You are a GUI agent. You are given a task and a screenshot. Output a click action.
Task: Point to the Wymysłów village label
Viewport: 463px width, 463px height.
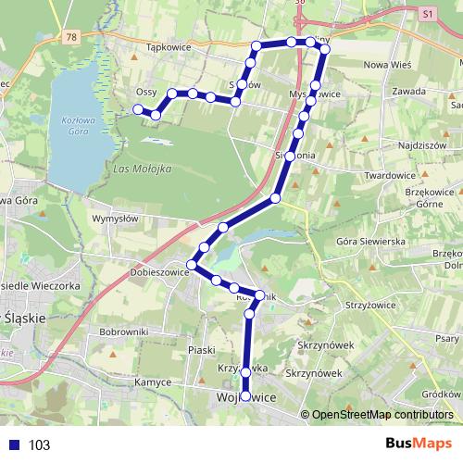coord(115,219)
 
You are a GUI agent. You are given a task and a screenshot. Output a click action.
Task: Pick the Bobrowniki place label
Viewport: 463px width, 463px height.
coord(124,331)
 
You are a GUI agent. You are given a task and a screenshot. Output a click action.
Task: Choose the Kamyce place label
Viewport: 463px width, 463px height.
coord(149,381)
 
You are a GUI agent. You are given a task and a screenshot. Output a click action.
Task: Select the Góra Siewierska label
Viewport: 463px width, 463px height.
coord(371,241)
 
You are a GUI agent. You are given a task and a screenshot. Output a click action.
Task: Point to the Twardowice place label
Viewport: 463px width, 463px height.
coord(393,174)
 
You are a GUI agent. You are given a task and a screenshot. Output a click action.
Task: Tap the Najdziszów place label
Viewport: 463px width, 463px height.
coord(421,145)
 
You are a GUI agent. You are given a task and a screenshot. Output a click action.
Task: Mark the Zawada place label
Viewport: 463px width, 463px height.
coord(408,91)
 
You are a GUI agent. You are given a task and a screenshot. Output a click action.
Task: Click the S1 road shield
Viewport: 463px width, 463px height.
coord(426,16)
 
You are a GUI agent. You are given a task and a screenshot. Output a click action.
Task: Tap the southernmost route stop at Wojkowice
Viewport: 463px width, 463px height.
coord(245,396)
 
